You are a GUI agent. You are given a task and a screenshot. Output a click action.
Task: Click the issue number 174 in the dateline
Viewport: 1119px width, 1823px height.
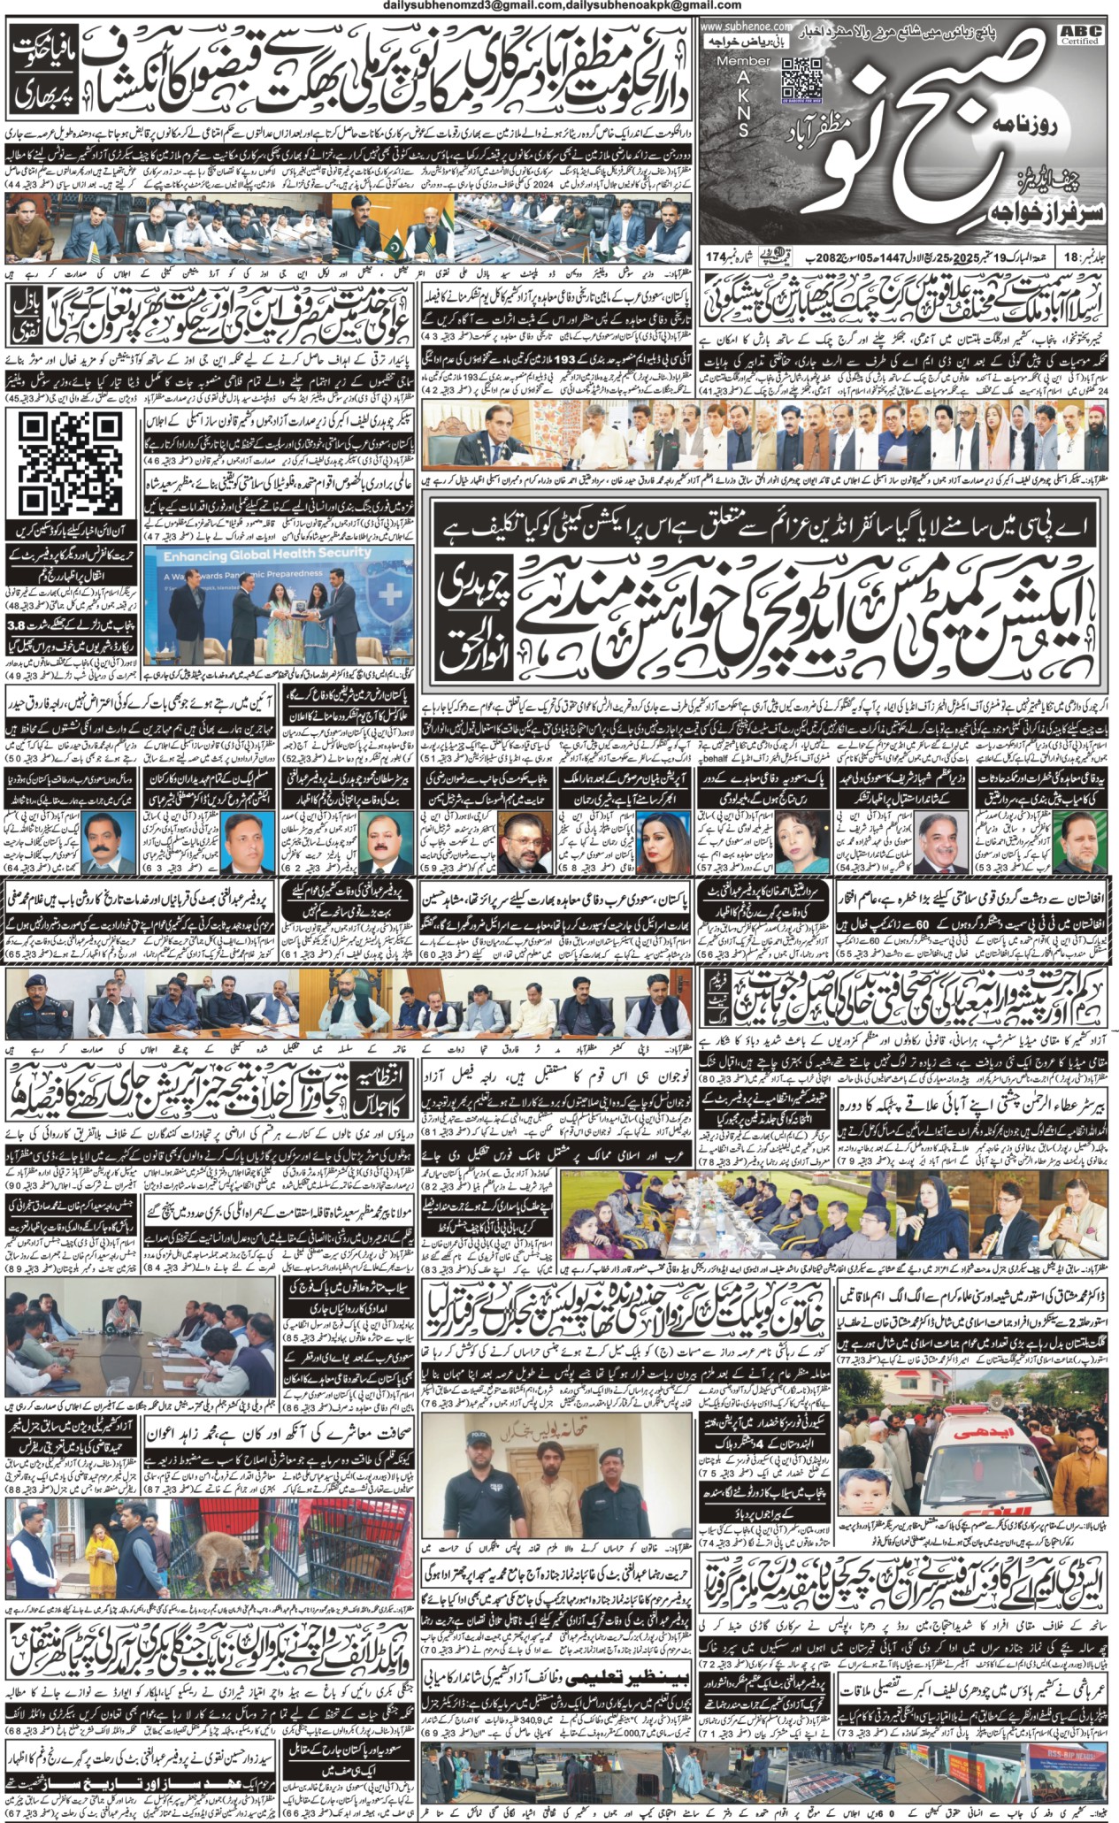(x=716, y=257)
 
